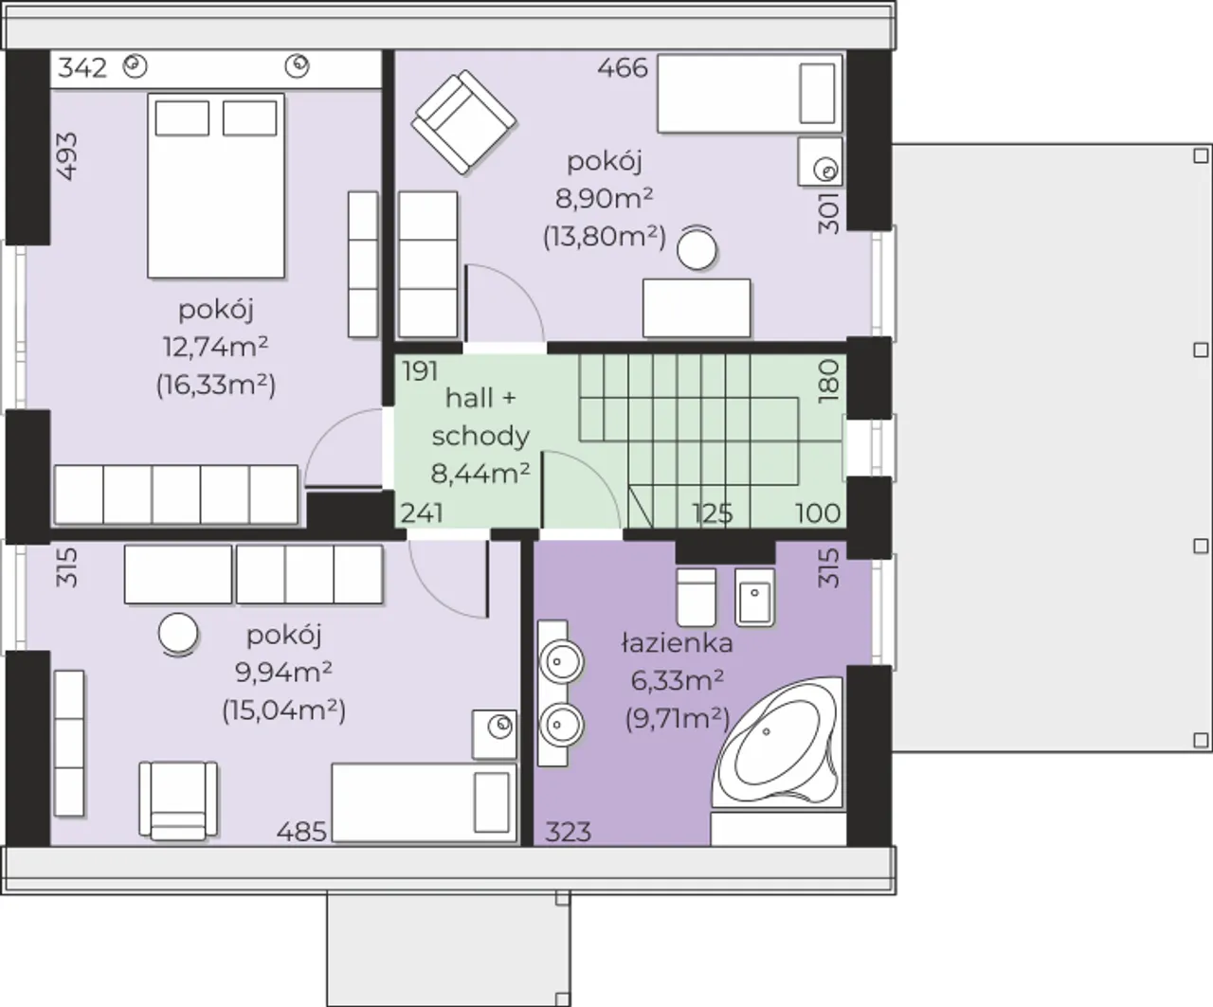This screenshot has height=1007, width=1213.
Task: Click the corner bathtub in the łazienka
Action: click(777, 742)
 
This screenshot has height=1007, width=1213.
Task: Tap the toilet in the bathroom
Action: click(697, 598)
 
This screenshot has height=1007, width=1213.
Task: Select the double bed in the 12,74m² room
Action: click(216, 186)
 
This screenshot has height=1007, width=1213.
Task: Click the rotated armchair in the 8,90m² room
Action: click(463, 122)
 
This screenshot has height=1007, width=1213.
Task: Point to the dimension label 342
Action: click(82, 68)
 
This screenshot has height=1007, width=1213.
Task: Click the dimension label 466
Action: click(623, 68)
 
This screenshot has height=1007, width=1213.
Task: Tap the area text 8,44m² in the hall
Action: click(480, 474)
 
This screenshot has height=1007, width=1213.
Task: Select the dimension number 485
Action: click(301, 832)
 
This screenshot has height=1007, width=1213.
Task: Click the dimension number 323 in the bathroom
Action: click(569, 832)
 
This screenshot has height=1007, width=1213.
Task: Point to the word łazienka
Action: click(678, 643)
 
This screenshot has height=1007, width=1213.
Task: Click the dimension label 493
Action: click(67, 157)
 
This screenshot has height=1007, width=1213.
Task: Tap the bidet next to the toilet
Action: click(754, 598)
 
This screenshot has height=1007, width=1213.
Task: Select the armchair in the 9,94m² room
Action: click(178, 800)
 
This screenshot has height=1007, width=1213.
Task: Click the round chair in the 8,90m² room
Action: click(697, 247)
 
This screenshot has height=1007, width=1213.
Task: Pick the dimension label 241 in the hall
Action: click(422, 513)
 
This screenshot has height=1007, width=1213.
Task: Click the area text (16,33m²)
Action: click(216, 385)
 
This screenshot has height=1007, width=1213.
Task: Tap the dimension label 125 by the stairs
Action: click(713, 513)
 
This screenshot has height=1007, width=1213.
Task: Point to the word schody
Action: click(480, 437)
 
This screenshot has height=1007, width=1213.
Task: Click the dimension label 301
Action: click(828, 214)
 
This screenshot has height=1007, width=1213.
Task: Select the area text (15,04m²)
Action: click(284, 710)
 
